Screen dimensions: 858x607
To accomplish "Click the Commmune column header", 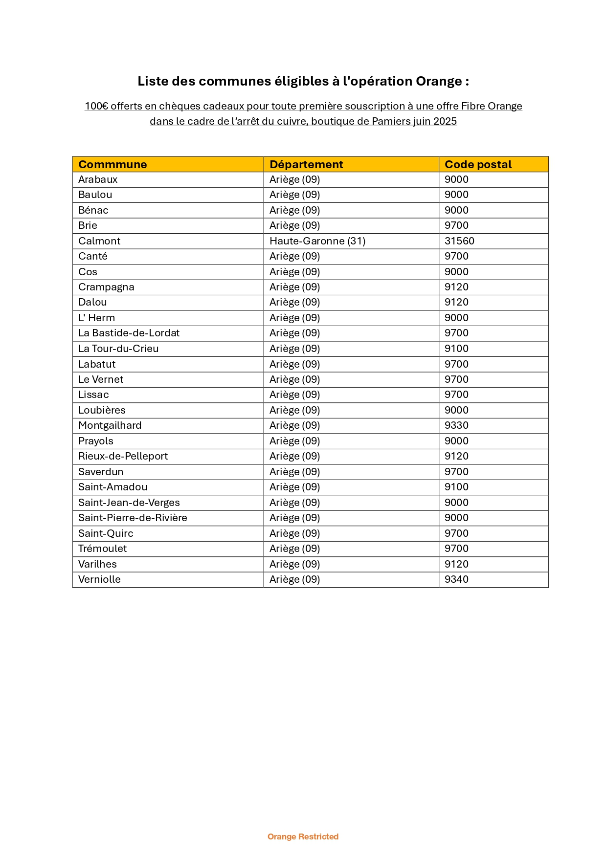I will pos(112,164).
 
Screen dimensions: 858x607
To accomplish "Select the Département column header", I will pos(306,164).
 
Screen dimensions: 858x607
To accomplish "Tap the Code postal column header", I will pos(478,164).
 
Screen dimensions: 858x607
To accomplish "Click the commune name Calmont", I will pos(99,241).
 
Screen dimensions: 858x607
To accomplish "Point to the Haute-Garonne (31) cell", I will pos(317,241).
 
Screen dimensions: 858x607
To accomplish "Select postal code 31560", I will pos(459,241).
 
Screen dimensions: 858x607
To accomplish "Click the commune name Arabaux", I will pos(98,179).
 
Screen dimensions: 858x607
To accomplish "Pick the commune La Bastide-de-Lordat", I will pos(129,333).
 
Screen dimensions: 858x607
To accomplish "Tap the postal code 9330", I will pos(456,425).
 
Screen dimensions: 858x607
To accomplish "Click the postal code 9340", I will pos(456,579).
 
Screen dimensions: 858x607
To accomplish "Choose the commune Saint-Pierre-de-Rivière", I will pos(133,518).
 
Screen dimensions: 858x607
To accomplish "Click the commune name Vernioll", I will pos(99,579).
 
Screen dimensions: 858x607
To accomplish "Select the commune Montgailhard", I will pos(110,425).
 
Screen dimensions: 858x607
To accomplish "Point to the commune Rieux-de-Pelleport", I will pos(123,456).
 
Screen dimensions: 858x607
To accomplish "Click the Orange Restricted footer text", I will pos(303,836).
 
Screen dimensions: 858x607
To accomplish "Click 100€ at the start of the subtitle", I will pos(96,106).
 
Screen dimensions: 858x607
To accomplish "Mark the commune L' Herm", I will pos(96,318).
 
